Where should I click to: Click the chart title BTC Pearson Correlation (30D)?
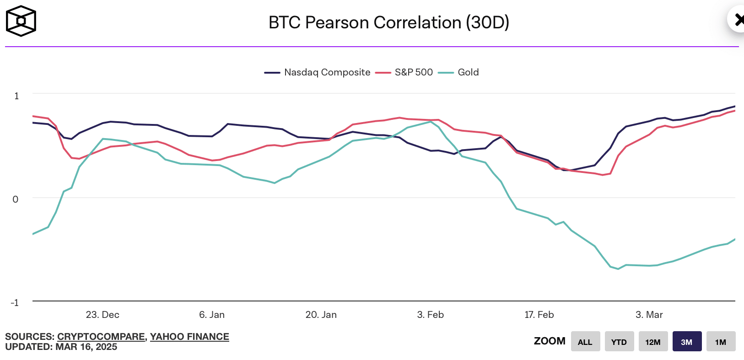(389, 22)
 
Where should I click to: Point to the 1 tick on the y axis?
(17, 96)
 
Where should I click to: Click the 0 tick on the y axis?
(16, 199)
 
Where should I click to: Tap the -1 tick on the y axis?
(15, 302)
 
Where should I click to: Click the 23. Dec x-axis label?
(102, 315)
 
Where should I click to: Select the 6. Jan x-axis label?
(212, 315)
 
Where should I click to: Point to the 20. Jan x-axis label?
(321, 315)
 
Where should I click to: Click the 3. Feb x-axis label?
(431, 315)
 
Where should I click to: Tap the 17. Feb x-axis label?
(539, 315)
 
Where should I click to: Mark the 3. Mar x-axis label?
(649, 315)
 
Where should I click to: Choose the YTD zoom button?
(619, 342)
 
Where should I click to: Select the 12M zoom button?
(653, 342)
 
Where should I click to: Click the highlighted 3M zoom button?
(687, 342)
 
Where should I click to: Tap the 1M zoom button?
(721, 342)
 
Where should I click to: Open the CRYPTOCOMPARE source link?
(101, 337)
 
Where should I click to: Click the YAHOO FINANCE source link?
(189, 337)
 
